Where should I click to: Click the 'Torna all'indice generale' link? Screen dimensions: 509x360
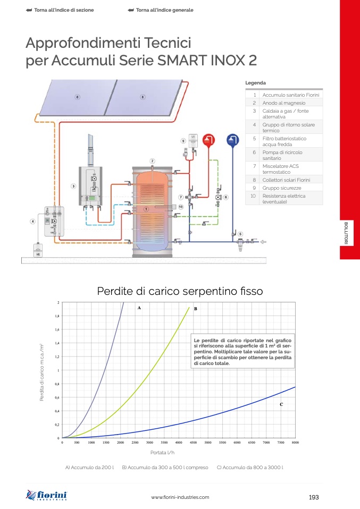click(161, 10)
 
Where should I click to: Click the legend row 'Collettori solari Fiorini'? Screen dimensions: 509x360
click(286, 180)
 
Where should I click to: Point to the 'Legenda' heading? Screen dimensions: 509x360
click(255, 83)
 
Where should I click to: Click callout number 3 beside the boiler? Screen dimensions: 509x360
click(73, 186)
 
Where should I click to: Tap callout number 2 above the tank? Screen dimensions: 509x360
click(152, 160)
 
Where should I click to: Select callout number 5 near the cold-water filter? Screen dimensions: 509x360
click(240, 234)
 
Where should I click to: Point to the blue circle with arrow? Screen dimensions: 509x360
click(232, 140)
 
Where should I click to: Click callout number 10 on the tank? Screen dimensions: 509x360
click(181, 206)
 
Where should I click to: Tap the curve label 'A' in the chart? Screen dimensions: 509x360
click(139, 308)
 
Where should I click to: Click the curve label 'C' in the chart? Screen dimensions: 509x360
click(281, 405)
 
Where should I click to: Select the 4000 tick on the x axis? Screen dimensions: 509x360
click(179, 442)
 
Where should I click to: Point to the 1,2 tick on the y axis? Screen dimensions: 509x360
click(56, 357)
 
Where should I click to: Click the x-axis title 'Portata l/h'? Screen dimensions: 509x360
click(163, 453)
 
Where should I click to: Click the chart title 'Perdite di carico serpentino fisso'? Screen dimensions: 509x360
click(180, 291)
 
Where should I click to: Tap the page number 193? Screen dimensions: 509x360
click(313, 497)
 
